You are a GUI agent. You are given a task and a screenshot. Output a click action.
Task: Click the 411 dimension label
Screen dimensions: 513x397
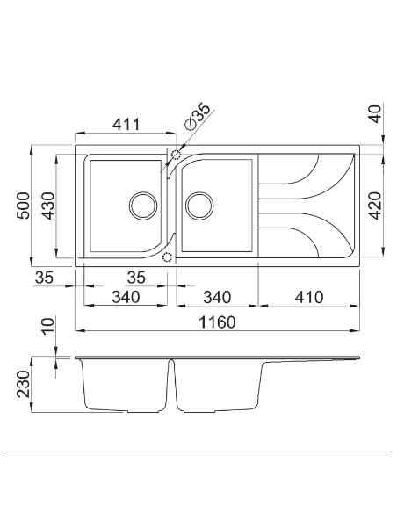pyautogui.click(x=126, y=126)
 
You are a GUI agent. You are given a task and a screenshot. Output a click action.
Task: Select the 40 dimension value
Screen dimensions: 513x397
pyautogui.click(x=375, y=115)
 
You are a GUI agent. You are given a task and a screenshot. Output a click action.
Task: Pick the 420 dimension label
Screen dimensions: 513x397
pyautogui.click(x=375, y=205)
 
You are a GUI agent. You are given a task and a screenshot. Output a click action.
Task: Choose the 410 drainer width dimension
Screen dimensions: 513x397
pyautogui.click(x=307, y=297)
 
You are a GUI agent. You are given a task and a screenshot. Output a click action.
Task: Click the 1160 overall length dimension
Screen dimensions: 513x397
pyautogui.click(x=217, y=322)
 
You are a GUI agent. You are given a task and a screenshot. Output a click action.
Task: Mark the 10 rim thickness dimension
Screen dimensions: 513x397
pyautogui.click(x=50, y=335)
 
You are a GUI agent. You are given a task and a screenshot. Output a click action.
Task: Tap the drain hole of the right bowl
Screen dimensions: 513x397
pyautogui.click(x=199, y=205)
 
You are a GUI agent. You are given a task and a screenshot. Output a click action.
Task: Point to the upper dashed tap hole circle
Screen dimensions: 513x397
pyautogui.click(x=176, y=155)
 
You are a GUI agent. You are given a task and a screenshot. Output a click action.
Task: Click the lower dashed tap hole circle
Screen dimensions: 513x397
pyautogui.click(x=168, y=256)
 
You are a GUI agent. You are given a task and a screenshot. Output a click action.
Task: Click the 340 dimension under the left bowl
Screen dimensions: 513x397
pyautogui.click(x=126, y=297)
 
